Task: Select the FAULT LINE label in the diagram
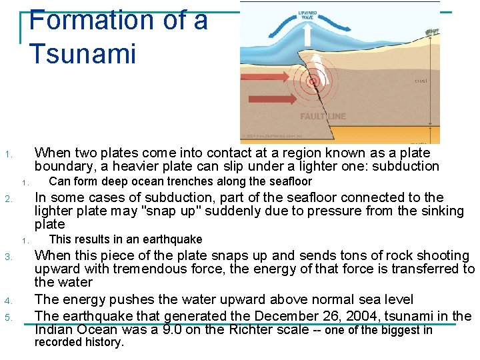(x=323, y=117)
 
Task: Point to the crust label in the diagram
(x=420, y=81)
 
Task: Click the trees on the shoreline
(x=433, y=31)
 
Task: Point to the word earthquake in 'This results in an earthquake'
(x=177, y=239)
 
